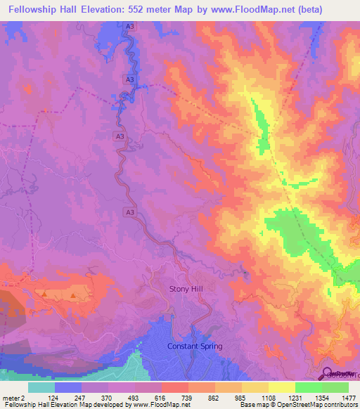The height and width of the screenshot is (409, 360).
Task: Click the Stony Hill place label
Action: [x=185, y=289]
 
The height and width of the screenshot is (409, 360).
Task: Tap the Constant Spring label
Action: [x=195, y=346]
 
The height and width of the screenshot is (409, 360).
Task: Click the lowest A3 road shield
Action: [x=130, y=211]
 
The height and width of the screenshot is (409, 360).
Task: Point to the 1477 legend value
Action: [x=349, y=398]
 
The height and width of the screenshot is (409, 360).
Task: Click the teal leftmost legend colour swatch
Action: [x=41, y=387]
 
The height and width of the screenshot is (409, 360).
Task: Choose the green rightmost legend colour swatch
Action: [x=335, y=387]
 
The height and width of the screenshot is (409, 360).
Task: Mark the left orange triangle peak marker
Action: [x=45, y=294]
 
